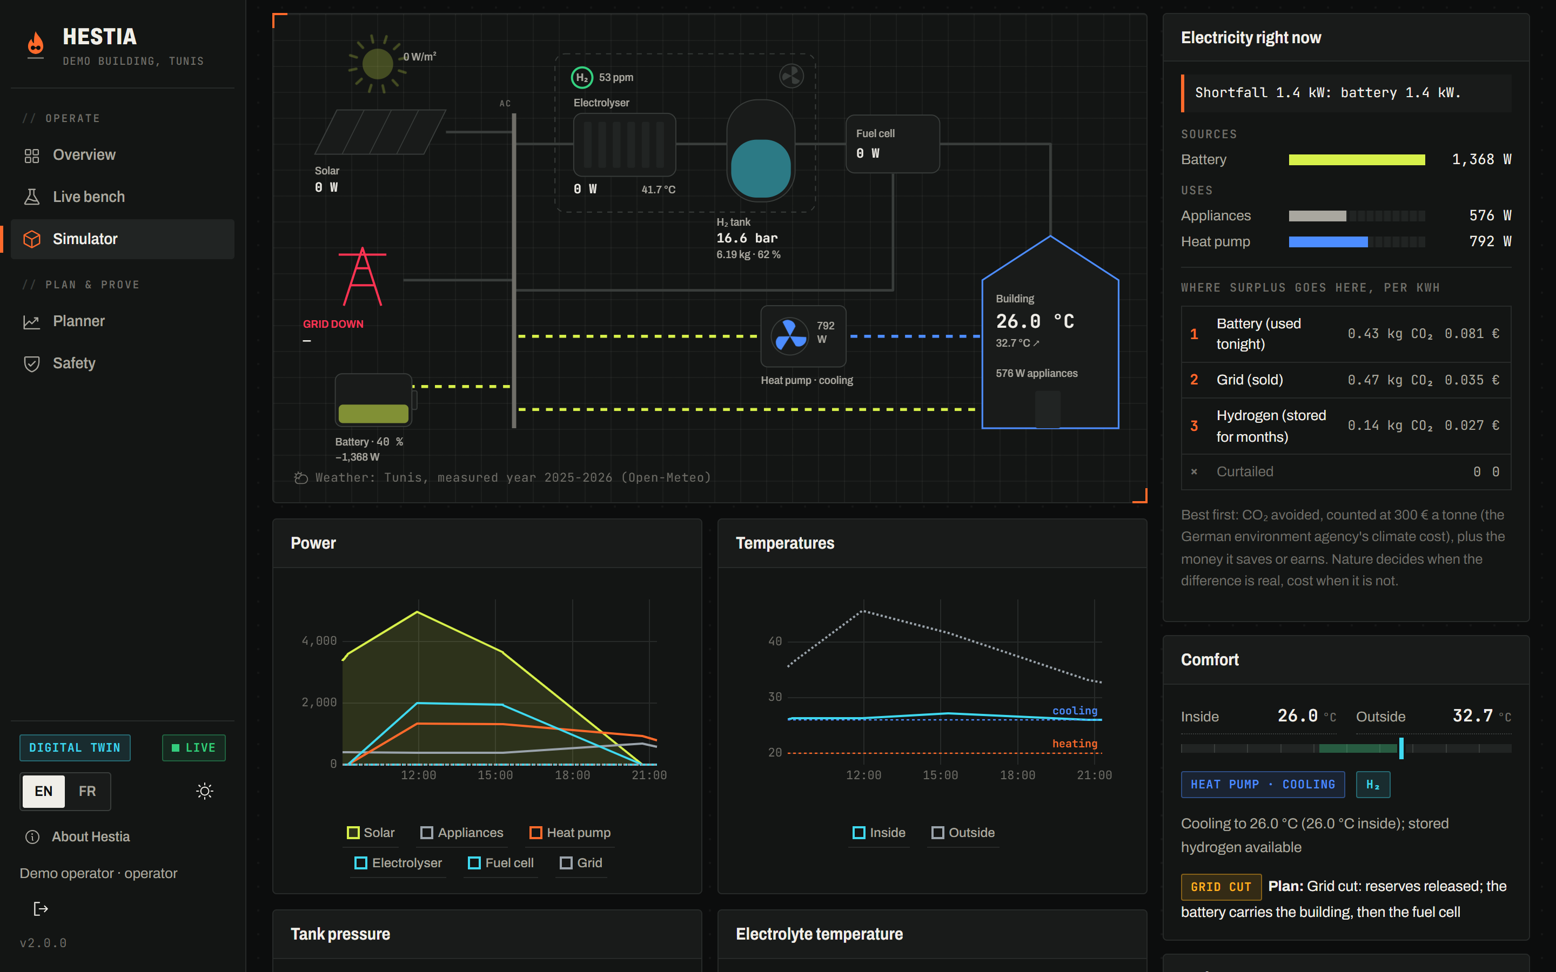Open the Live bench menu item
(89, 197)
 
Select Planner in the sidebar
(78, 321)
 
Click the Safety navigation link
(74, 363)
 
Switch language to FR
(88, 791)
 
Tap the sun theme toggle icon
(204, 791)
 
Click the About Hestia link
(91, 837)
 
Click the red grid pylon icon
(363, 276)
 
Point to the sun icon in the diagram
(378, 64)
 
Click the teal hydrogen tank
(761, 168)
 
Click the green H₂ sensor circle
(582, 77)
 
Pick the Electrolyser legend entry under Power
(399, 863)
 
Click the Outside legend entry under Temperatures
(963, 833)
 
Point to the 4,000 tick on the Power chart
(319, 641)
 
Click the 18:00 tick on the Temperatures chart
(1017, 775)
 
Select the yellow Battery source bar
(1357, 159)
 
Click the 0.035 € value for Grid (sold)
(1472, 380)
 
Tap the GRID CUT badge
(1221, 887)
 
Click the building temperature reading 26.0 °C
(1035, 321)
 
